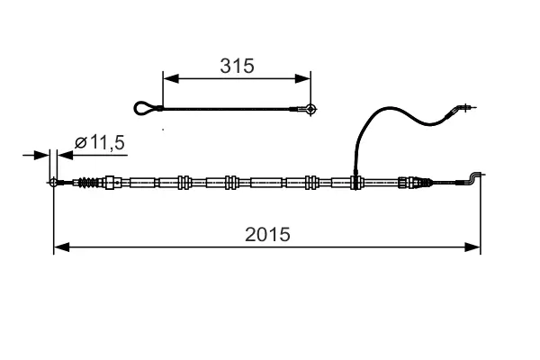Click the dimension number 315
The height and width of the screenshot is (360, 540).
tap(238, 66)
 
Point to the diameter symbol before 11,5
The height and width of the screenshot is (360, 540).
tap(79, 142)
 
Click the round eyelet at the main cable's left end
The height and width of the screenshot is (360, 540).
tap(54, 183)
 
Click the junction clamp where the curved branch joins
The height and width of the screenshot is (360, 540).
tap(355, 182)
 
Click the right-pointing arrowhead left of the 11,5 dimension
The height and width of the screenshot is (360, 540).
tap(43, 155)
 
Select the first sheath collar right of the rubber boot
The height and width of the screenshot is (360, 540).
tap(112, 183)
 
